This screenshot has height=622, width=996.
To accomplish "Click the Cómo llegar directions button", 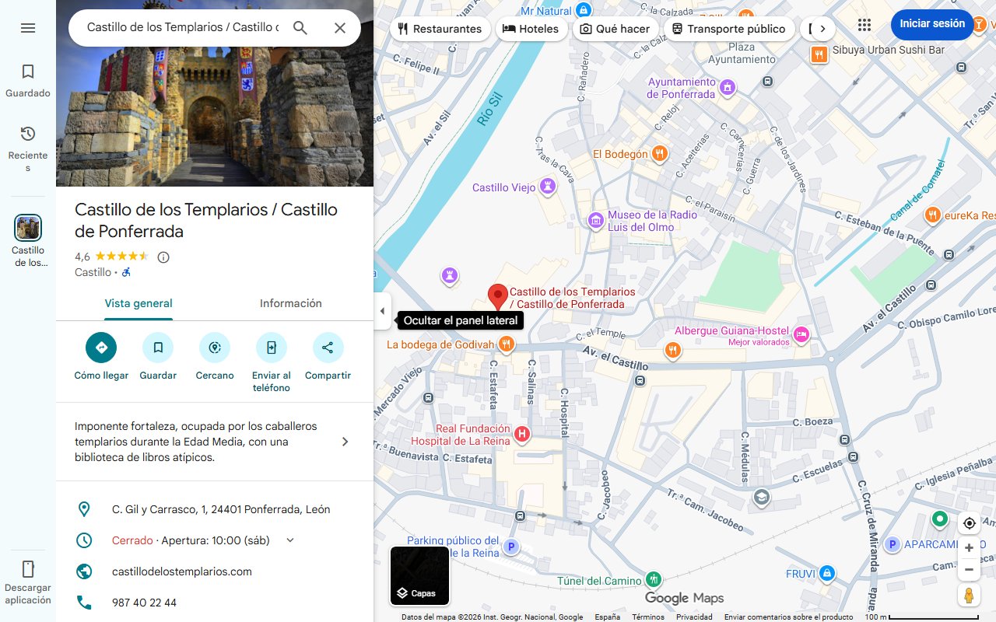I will point(101,348).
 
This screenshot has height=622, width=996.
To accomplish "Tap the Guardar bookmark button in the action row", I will point(158,348).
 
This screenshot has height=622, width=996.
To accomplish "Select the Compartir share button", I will point(328,348).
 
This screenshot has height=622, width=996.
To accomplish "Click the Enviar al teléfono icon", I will point(271,348).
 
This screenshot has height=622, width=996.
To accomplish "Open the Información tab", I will point(290,303).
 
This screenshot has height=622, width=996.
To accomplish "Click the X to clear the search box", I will point(340,28).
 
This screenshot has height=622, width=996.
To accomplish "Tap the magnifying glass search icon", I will point(300,28).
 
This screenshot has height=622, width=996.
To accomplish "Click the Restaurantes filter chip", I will point(440,29).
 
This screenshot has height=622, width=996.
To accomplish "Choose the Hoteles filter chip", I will point(531,29).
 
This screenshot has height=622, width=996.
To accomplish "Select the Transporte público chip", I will point(728,29).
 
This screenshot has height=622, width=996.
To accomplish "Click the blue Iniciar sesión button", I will point(931,24).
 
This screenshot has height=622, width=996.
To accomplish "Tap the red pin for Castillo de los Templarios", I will point(497,297).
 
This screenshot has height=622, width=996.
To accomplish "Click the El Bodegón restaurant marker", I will point(660,153).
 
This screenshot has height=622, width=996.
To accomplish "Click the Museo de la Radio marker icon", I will point(596,221).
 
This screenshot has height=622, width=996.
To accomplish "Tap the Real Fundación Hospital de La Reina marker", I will point(522,434).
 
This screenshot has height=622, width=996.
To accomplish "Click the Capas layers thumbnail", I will point(419,576).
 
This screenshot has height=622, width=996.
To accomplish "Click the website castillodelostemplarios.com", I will point(182,571).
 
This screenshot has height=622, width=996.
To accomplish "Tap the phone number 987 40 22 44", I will point(144,603).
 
